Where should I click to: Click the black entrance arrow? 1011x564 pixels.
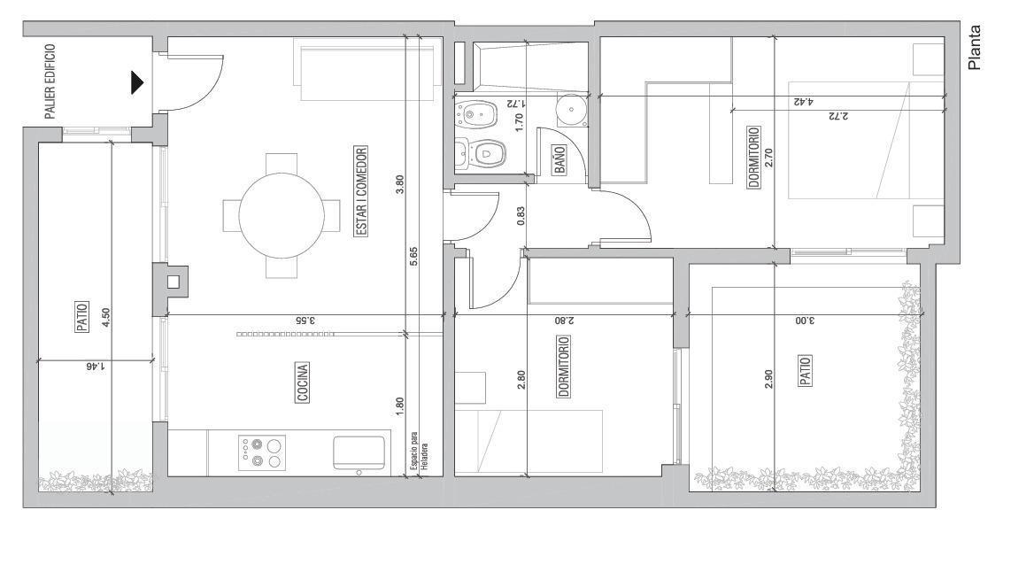tap(136, 82)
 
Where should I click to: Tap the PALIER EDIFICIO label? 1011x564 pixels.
tap(50, 81)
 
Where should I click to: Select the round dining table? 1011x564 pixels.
tap(282, 215)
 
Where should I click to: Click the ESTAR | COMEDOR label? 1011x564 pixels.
tap(361, 191)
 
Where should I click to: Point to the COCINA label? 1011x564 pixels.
tap(303, 382)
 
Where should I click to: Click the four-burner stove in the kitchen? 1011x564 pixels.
tap(262, 452)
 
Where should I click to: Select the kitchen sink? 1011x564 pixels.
tap(359, 453)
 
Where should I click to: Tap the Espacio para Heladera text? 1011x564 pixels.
tap(419, 455)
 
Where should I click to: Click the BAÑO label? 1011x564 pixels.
tap(559, 160)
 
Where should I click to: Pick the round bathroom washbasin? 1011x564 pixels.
tap(571, 110)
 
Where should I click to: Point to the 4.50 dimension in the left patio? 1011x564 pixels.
tap(106, 317)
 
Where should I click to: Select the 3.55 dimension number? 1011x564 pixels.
tap(305, 321)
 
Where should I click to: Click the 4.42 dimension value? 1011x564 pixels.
tap(803, 102)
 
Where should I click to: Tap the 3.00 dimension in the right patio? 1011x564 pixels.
tap(804, 321)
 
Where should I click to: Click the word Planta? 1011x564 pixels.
tap(974, 47)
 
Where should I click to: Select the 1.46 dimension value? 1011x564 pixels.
tap(95, 367)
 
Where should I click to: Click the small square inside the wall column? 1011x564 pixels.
tap(173, 282)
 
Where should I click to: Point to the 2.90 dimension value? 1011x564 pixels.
tap(768, 378)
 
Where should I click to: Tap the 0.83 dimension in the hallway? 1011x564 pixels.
tap(521, 215)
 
